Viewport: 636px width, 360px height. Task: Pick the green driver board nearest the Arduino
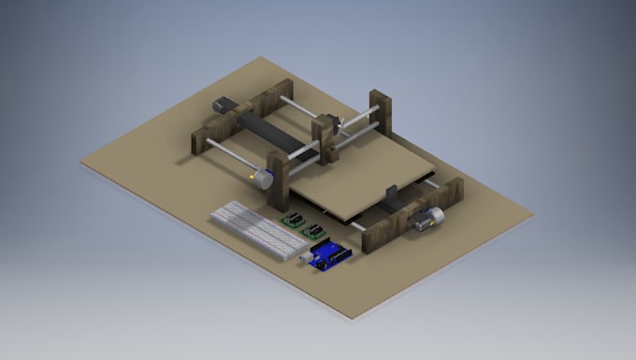click(x=315, y=231)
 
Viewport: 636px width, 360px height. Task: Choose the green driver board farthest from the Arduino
click(x=294, y=221)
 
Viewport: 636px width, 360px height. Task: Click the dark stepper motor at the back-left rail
click(x=224, y=105)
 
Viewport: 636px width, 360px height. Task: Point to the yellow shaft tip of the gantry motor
click(x=252, y=174)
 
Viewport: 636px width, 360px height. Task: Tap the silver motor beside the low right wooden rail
click(x=429, y=217)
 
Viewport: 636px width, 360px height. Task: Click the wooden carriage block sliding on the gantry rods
click(x=325, y=137)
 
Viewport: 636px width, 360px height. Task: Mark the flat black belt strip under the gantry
click(x=267, y=131)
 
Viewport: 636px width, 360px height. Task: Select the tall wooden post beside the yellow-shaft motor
click(x=278, y=181)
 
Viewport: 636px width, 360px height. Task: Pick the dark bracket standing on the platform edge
click(x=392, y=197)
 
